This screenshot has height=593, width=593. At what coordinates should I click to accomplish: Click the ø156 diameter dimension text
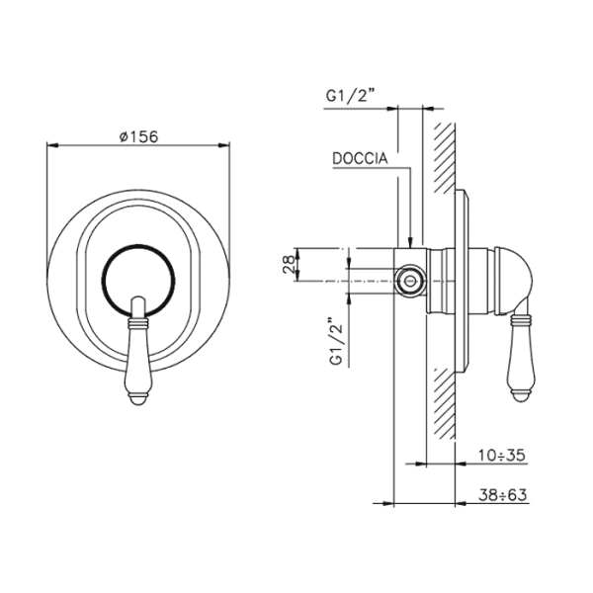[138, 136]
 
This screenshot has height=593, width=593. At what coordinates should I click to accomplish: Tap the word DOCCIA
[360, 158]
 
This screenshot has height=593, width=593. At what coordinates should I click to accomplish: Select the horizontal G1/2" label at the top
[350, 96]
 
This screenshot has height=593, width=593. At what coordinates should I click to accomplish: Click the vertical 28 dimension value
[289, 264]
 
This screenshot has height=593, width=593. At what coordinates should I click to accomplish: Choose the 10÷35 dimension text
[501, 455]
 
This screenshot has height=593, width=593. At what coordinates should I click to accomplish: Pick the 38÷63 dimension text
[503, 495]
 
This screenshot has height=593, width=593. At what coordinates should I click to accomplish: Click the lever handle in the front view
[138, 352]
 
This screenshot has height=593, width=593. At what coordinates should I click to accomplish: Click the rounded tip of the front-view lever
[138, 400]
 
